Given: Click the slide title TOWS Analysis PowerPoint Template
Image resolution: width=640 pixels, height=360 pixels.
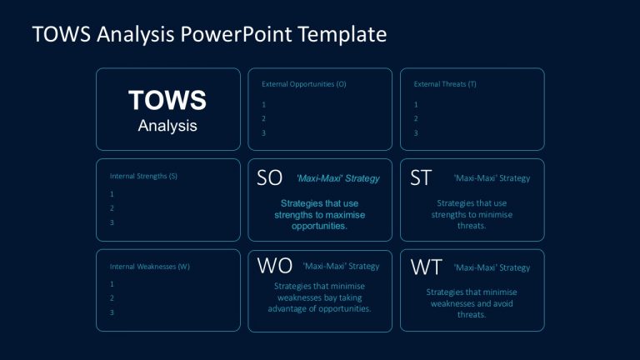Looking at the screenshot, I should [x=209, y=34].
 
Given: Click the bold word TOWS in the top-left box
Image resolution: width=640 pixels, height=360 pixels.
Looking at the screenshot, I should [x=167, y=101].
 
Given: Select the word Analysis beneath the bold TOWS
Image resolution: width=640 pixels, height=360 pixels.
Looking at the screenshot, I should [x=167, y=126].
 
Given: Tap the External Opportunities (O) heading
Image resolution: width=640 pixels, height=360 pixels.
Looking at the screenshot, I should [x=303, y=84].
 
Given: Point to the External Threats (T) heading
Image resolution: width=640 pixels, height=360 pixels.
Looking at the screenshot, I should [x=445, y=84].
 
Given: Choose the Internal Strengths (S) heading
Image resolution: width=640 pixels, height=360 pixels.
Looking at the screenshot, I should [x=143, y=176].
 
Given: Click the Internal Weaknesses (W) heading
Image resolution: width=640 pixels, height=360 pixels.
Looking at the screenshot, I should [x=150, y=267].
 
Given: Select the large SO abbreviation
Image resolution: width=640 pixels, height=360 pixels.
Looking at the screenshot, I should [x=269, y=177].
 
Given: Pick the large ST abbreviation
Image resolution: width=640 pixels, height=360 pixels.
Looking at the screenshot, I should [x=420, y=177].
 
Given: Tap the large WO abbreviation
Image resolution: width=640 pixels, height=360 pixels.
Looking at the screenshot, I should [x=274, y=266].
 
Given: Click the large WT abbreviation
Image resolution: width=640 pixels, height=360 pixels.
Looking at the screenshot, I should [x=426, y=267].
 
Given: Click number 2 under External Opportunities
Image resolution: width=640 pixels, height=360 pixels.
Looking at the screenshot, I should [x=264, y=118].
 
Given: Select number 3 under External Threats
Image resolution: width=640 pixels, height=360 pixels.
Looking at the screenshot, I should [x=416, y=132].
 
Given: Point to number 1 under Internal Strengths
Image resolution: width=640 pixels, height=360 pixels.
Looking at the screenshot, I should [x=112, y=193].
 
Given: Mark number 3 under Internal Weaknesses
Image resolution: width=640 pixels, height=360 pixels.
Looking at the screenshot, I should [x=112, y=312].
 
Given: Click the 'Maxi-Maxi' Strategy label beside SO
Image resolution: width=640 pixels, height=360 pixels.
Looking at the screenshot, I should [x=337, y=178].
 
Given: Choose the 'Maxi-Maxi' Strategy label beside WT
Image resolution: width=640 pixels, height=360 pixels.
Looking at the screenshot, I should [x=492, y=267].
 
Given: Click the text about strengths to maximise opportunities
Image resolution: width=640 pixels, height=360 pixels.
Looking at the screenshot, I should [x=320, y=214].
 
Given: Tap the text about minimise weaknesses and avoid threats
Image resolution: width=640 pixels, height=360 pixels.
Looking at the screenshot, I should [x=472, y=303].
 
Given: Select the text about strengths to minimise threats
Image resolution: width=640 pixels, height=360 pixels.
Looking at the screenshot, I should [x=472, y=214].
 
